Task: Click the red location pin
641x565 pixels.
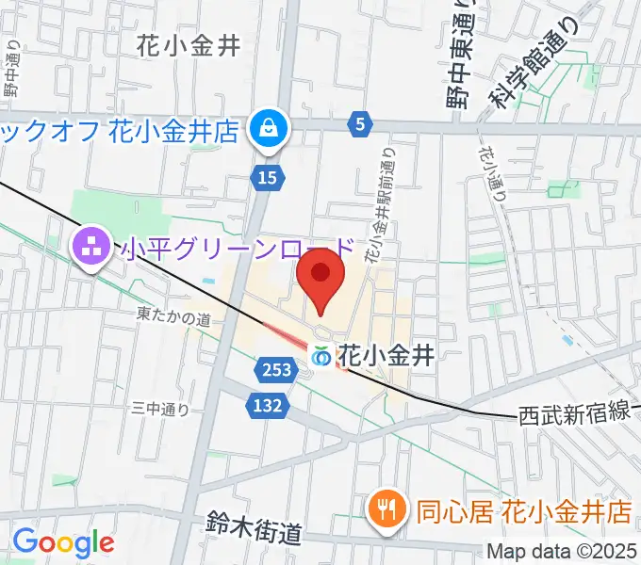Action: point(320,274)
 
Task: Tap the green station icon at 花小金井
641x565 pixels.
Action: point(322,357)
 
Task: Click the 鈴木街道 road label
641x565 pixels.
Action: point(254,529)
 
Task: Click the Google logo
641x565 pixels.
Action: point(63,542)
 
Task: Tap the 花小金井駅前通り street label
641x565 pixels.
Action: point(381,202)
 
